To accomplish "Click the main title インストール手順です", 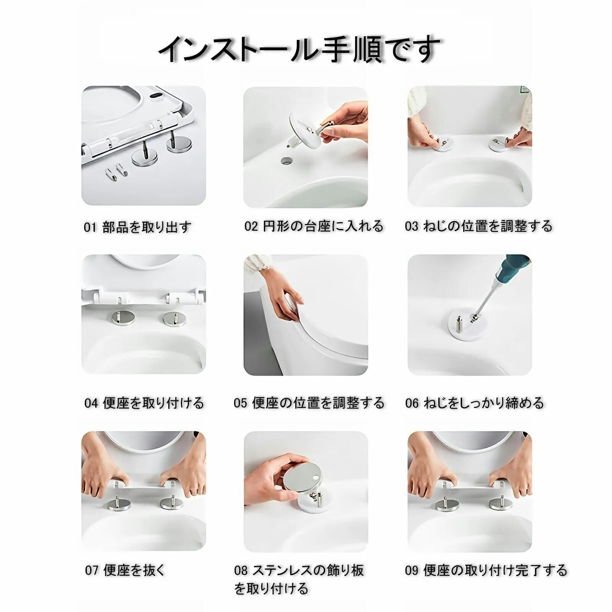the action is pos(299,49).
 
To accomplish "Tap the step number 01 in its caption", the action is pos(90,228).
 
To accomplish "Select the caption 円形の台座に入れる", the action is pos(323,226).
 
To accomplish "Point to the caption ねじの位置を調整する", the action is pos(488,226).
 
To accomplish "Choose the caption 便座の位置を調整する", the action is pos(318,403).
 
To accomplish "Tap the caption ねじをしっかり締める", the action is pos(484,403).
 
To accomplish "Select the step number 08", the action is pos(241,571).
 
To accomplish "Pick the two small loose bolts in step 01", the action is pos(116,171).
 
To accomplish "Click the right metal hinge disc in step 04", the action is pos(174,319).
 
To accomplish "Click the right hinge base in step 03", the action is pos(498,144).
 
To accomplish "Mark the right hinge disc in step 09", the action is pos(501,503).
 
